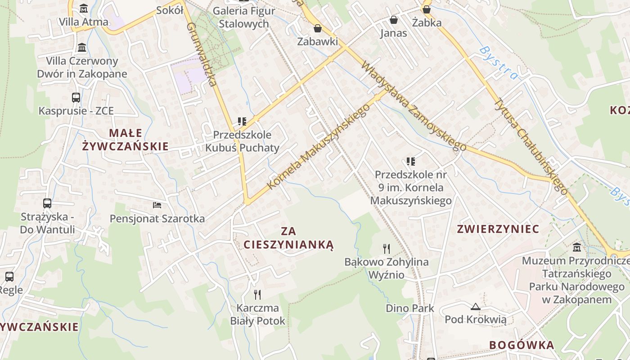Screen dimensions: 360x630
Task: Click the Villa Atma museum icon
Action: (83, 9)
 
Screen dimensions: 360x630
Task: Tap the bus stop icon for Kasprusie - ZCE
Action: (76, 98)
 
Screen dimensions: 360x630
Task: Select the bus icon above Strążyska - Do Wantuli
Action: (47, 203)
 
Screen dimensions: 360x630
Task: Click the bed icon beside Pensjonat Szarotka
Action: (157, 205)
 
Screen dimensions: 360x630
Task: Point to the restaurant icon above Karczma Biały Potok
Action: (257, 295)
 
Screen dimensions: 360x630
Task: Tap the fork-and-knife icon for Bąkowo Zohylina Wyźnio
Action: (386, 248)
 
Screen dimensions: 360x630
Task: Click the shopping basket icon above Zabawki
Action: (318, 28)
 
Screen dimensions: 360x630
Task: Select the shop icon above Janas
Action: (394, 20)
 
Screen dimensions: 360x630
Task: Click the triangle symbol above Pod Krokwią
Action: (475, 307)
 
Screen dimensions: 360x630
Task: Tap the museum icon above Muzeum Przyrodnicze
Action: (577, 247)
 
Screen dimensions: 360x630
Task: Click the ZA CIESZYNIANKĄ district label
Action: (288, 238)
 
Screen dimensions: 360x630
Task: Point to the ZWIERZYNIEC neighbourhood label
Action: (498, 229)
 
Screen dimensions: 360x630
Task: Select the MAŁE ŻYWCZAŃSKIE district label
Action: (126, 139)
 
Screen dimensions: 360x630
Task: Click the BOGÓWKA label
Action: (522, 345)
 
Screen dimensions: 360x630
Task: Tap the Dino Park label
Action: (410, 308)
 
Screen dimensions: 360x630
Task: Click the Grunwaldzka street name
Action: (202, 54)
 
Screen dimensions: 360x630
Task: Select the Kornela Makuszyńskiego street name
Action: (318, 147)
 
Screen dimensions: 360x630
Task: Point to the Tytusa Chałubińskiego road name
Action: (531, 145)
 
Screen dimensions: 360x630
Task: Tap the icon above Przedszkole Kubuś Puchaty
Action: (242, 121)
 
